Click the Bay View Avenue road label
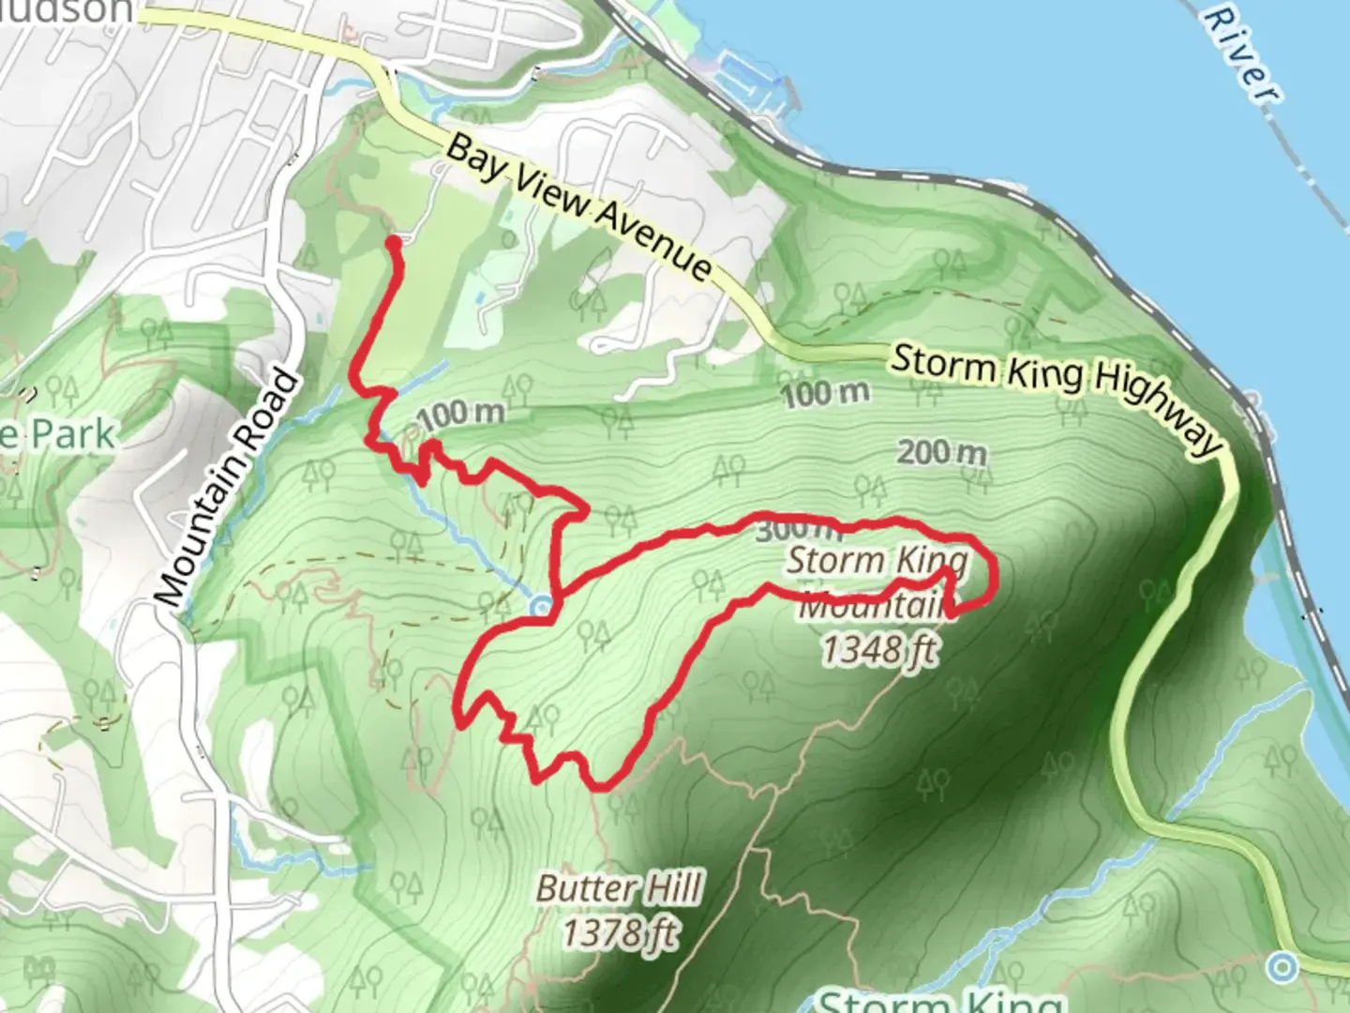577,206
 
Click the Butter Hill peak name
620,888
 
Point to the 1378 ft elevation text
620,933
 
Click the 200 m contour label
941,453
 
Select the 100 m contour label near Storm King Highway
825,393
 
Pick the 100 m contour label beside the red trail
462,413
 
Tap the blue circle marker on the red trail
542,607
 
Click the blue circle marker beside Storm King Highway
1282,965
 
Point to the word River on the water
1242,53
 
